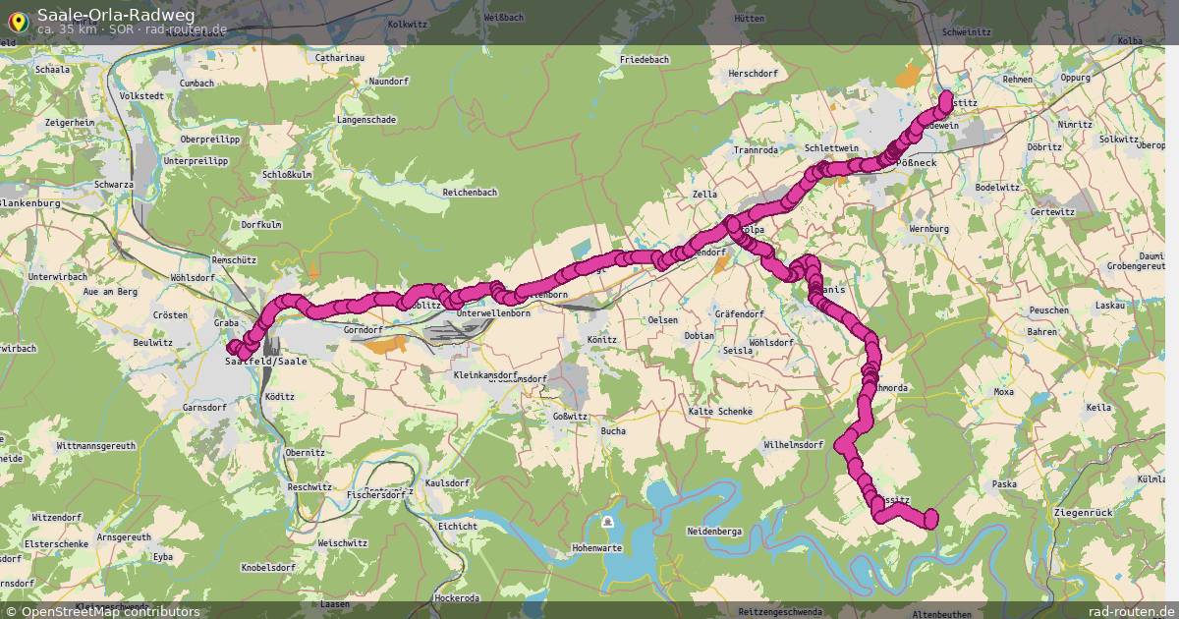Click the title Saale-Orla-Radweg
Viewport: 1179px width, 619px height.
click(116, 14)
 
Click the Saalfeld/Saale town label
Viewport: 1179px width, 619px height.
click(265, 362)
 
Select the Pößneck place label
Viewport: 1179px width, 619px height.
click(919, 163)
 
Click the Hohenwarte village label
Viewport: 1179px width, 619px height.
click(597, 548)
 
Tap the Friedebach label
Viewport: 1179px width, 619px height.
click(645, 60)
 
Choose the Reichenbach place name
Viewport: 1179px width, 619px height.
click(470, 193)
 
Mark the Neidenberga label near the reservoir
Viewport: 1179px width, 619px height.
click(715, 531)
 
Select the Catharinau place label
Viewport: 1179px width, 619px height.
click(340, 58)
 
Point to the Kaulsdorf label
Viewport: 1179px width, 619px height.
click(447, 483)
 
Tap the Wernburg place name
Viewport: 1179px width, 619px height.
click(929, 229)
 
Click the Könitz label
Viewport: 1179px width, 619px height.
click(601, 340)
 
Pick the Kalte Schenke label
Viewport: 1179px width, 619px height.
click(720, 411)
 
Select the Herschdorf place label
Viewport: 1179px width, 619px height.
click(754, 75)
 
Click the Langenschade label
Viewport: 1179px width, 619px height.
click(365, 120)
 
